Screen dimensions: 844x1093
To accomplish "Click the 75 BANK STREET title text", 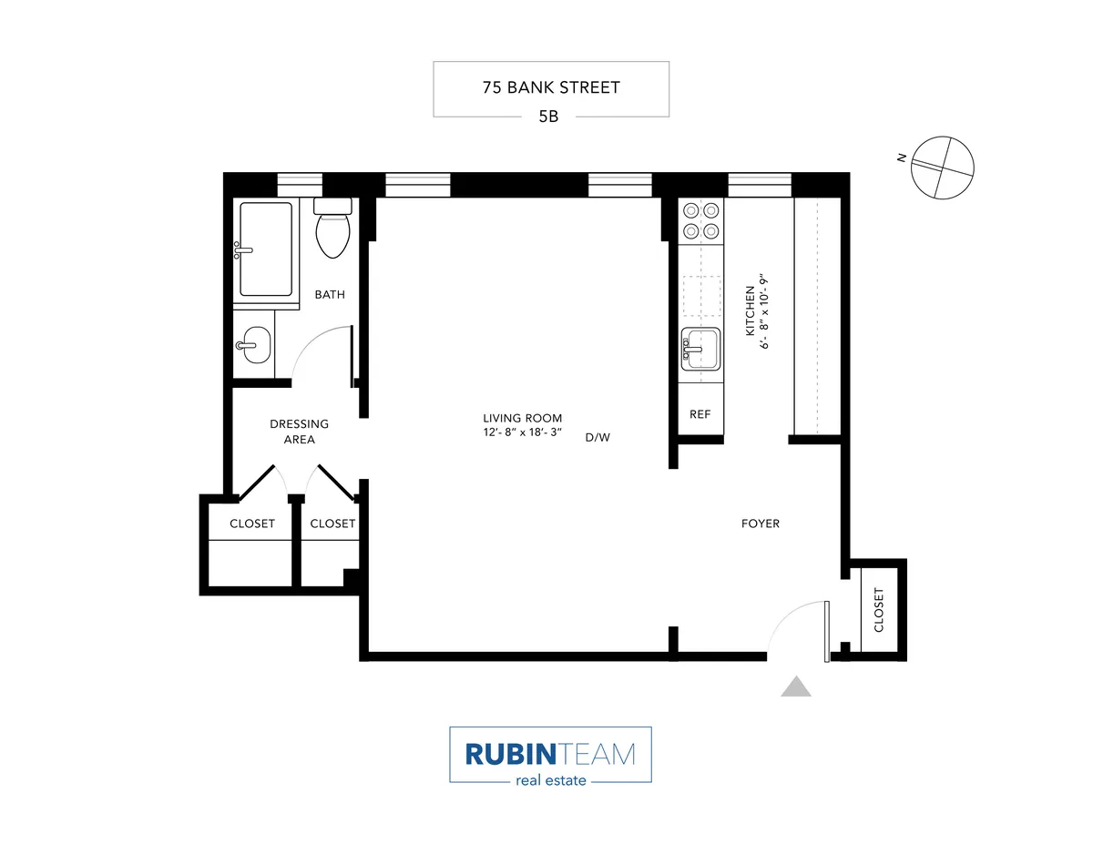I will (550, 88).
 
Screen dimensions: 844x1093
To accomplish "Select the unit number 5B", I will (550, 117).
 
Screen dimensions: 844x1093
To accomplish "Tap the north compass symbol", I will (943, 167).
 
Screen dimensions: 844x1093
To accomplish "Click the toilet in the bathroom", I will (332, 228).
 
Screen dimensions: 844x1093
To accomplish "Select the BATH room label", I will (329, 294).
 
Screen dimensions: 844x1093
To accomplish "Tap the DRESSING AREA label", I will (299, 432).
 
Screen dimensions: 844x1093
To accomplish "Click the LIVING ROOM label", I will (522, 418).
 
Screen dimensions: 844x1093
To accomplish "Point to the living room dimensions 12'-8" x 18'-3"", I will (522, 432).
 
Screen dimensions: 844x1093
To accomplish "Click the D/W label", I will (598, 437).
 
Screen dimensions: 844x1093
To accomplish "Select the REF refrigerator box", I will (700, 414).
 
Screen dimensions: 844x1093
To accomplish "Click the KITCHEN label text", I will (751, 311).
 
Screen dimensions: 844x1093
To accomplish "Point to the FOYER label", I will (760, 524).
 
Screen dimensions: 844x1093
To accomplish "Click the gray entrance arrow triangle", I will (796, 686).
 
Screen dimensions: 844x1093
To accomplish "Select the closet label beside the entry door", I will (878, 610).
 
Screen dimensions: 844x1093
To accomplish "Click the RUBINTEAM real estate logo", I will (550, 755).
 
